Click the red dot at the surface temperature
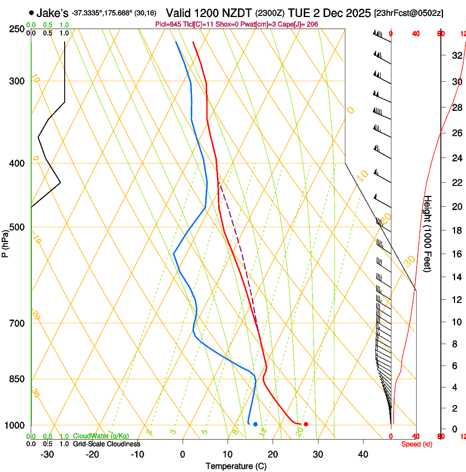coord(306,424)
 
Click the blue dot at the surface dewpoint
coord(255,424)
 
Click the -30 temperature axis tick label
coord(47,454)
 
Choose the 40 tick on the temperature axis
coord(362,454)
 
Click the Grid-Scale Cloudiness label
coord(106,444)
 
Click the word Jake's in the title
coord(52,12)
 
